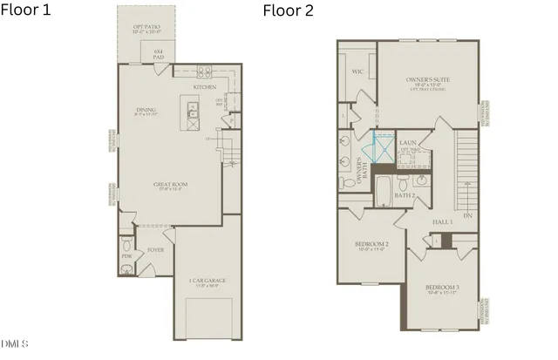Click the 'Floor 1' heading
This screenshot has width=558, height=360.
27,10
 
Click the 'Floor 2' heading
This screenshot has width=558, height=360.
288,10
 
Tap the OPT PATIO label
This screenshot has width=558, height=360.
146,26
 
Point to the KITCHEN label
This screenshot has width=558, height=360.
204,87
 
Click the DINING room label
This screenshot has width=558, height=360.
145,110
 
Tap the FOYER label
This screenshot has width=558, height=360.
155,249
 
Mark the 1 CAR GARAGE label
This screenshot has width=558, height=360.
207,280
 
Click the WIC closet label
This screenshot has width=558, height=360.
357,71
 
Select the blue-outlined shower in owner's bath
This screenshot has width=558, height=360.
380,146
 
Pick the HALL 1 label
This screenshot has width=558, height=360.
443,222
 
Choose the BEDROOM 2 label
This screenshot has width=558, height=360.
371,244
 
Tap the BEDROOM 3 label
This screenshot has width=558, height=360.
442,288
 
